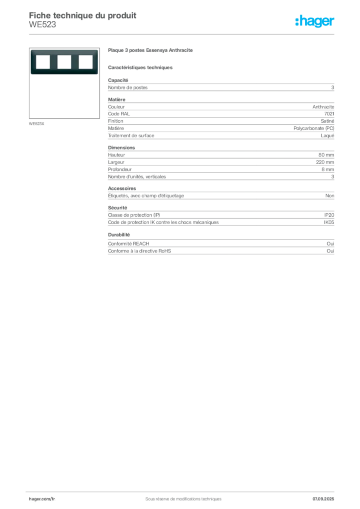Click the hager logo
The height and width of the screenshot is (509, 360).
315,21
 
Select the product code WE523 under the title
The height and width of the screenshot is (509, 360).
43,25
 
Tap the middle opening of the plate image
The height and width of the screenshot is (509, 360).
64,62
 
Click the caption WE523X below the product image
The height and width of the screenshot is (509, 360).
36,124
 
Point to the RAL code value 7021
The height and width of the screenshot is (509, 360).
329,114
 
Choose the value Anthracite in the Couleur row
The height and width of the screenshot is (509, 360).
323,107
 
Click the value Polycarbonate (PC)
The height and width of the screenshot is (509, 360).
314,128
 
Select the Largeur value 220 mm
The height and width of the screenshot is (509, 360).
325,162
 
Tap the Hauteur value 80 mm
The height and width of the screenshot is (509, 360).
326,155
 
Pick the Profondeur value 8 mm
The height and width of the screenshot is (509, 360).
328,170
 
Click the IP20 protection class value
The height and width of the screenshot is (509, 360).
329,215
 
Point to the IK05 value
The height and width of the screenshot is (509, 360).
329,222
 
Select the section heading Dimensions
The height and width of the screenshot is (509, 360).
121,147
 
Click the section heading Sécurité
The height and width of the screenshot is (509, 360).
117,208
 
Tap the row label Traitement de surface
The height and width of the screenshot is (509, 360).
131,136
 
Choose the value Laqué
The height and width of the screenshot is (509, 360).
328,136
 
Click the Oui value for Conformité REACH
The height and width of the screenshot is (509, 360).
331,244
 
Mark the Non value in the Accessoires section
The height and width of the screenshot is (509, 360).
330,196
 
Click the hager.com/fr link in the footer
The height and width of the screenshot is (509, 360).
42,499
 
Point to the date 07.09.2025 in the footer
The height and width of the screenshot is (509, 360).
323,499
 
